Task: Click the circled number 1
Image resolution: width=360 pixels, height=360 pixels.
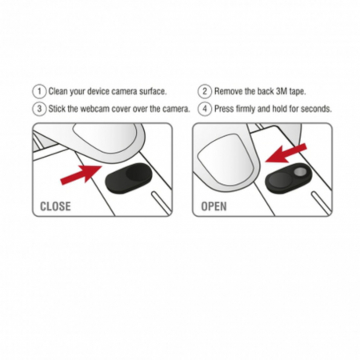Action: click(39, 91)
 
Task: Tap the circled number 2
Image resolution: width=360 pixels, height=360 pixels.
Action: click(205, 91)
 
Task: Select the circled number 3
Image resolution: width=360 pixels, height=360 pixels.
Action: click(39, 109)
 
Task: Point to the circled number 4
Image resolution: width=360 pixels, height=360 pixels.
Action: click(205, 109)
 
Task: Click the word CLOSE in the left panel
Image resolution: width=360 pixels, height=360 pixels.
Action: click(55, 206)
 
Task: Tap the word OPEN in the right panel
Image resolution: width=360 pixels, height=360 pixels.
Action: click(214, 206)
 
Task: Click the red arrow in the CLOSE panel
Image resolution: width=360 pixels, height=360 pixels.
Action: click(81, 174)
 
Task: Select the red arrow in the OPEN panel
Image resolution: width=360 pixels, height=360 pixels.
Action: click(286, 153)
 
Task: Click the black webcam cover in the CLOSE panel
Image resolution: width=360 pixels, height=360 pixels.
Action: click(129, 178)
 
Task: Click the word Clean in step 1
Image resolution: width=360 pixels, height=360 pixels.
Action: click(58, 91)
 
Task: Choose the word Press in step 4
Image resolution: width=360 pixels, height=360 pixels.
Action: click(224, 109)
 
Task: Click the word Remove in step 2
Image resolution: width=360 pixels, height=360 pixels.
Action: click(229, 91)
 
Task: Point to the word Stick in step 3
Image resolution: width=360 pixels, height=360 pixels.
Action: click(57, 109)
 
